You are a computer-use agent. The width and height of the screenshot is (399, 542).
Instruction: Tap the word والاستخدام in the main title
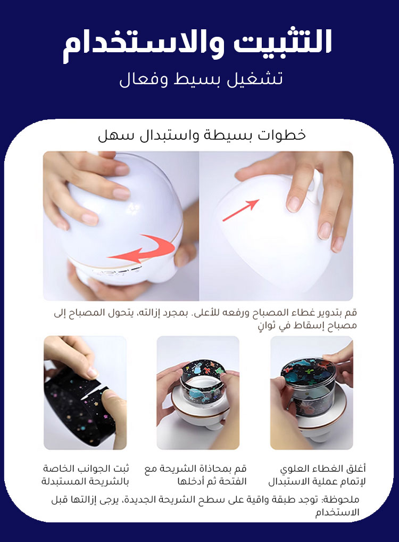pyautogui.click(x=143, y=45)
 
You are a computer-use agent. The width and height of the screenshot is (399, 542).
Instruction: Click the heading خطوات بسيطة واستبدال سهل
pyautogui.click(x=202, y=135)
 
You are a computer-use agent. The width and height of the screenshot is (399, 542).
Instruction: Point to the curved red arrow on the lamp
pyautogui.click(x=142, y=249)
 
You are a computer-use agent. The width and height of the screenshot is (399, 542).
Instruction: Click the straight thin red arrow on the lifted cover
pyautogui.click(x=241, y=210)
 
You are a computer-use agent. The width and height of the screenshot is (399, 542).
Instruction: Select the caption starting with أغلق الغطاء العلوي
pyautogui.click(x=317, y=475)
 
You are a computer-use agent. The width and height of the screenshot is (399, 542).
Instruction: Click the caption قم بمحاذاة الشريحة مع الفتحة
pyautogui.click(x=195, y=475)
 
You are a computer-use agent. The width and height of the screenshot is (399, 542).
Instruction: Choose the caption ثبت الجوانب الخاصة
pyautogui.click(x=85, y=475)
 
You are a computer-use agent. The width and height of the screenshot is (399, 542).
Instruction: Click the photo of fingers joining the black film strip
pyautogui.click(x=85, y=393)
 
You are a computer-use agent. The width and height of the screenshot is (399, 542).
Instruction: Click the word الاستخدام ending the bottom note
pyautogui.click(x=337, y=512)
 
